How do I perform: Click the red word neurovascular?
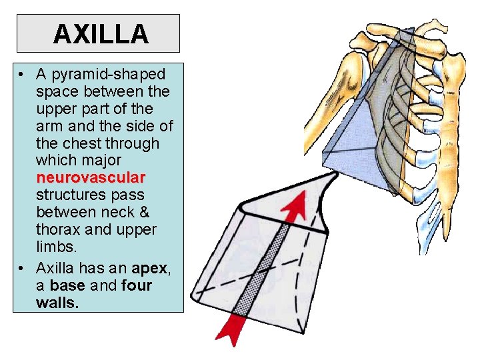91,178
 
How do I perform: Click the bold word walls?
58,303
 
